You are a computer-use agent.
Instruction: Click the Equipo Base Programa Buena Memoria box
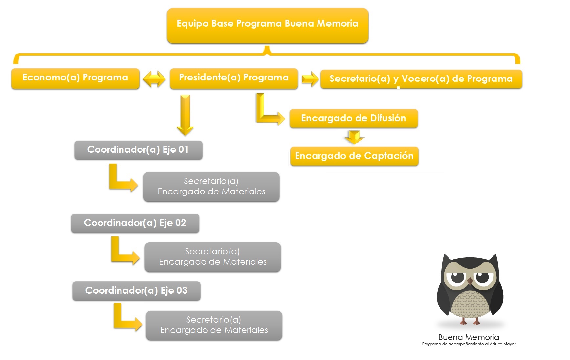(268, 25)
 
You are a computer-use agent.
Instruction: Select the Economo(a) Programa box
(75, 79)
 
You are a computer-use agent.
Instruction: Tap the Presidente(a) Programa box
(234, 79)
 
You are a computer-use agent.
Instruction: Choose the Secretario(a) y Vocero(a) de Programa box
(421, 79)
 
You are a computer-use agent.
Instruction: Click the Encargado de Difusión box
(354, 118)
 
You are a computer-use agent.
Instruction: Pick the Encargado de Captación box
(354, 156)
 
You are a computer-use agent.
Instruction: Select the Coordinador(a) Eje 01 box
(138, 150)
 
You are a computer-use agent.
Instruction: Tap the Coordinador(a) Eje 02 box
(135, 223)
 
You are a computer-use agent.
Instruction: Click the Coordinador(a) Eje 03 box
(136, 291)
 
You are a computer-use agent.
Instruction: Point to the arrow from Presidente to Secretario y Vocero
(310, 79)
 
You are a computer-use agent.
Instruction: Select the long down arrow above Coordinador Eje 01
(185, 115)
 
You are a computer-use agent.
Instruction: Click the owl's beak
(470, 281)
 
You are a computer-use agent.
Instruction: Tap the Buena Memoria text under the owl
(469, 337)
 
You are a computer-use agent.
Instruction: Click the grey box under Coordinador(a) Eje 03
(214, 326)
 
